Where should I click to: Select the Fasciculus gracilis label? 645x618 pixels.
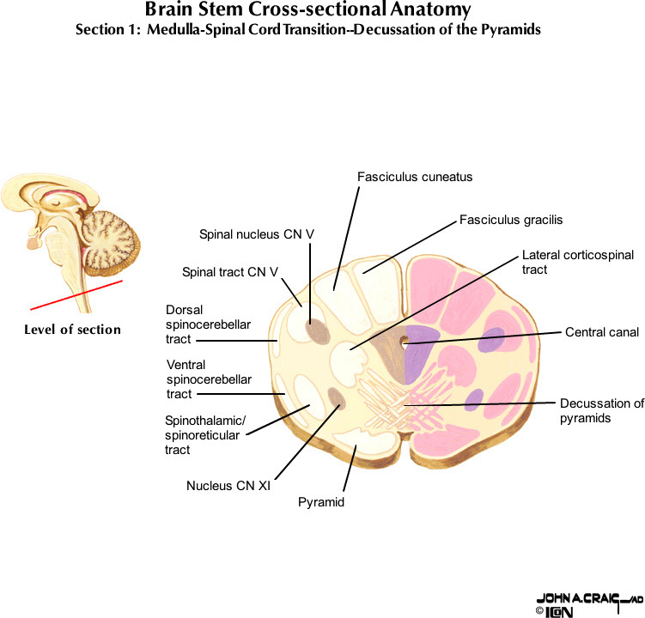[511, 220]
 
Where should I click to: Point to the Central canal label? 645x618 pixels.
[602, 332]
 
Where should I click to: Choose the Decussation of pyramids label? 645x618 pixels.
[601, 410]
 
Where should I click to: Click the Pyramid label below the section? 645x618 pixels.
[321, 502]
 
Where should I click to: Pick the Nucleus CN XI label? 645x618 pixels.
[228, 486]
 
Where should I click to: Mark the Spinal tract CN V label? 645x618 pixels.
[230, 273]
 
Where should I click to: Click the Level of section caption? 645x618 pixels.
[72, 330]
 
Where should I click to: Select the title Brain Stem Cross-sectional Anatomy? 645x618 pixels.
[308, 11]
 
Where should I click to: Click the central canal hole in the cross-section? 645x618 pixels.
[404, 345]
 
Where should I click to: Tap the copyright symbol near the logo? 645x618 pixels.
[539, 611]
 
